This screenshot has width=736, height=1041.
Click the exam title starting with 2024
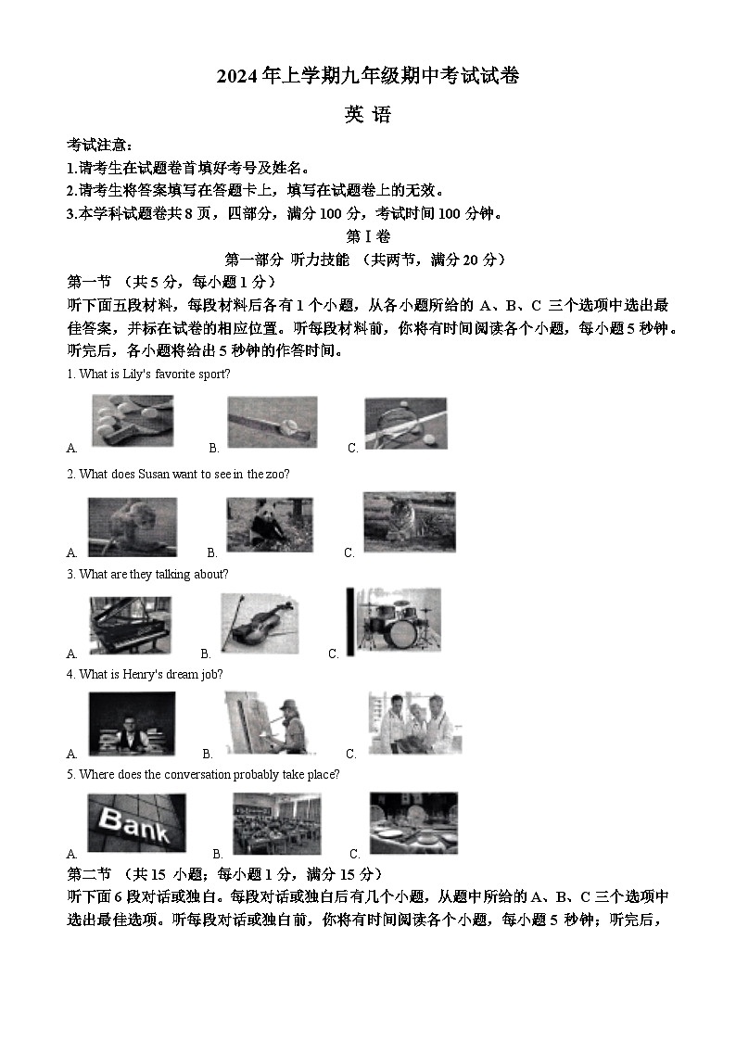click(x=367, y=78)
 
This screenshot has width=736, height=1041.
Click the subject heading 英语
click(x=368, y=115)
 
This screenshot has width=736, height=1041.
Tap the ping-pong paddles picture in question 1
click(x=132, y=421)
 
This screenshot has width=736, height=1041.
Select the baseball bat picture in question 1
click(x=273, y=423)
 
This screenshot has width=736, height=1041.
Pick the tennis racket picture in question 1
click(x=405, y=424)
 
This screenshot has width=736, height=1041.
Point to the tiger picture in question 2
click(x=409, y=522)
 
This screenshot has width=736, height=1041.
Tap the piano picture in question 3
click(x=130, y=626)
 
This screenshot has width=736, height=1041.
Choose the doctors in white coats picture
click(x=413, y=723)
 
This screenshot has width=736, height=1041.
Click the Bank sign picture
click(x=135, y=823)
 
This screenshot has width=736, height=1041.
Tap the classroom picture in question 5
click(x=276, y=823)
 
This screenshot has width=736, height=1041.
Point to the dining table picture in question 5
click(x=412, y=822)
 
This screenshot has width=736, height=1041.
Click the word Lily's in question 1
click(x=137, y=375)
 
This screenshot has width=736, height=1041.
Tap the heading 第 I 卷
click(x=368, y=237)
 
